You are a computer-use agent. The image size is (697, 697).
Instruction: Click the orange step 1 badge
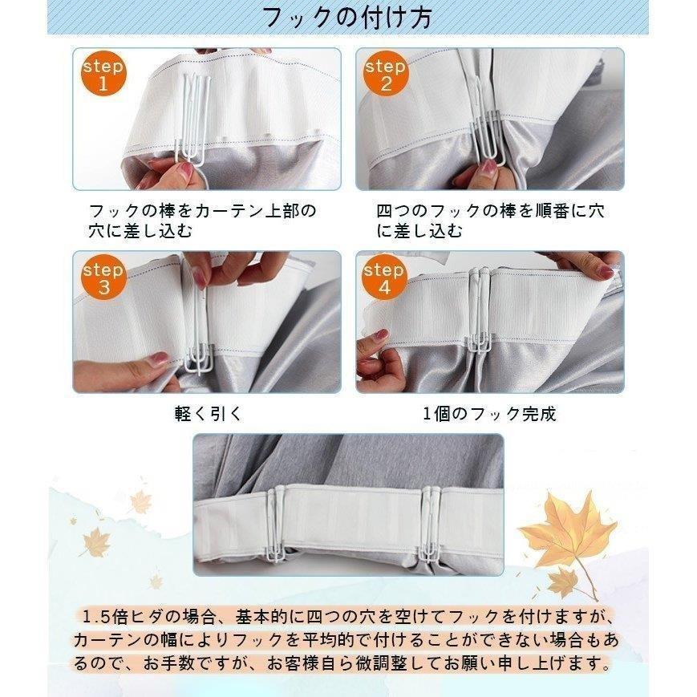(x=103, y=73)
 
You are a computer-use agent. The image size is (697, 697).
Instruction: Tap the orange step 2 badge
(x=385, y=73)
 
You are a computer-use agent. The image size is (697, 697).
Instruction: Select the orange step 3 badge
(x=103, y=277)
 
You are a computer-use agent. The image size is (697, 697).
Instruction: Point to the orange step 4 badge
(x=384, y=277)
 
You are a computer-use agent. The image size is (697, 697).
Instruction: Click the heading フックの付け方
(x=347, y=18)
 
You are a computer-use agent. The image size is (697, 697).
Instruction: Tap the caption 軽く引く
(x=209, y=414)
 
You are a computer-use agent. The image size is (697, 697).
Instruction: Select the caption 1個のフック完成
(x=489, y=414)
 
